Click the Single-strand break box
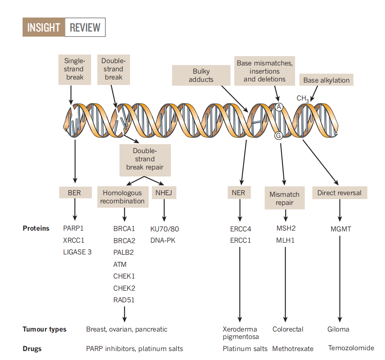click(x=74, y=69)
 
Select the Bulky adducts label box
click(x=201, y=75)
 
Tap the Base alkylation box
click(x=326, y=80)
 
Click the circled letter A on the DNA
click(x=278, y=107)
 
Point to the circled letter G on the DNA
click(x=278, y=135)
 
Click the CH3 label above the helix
click(x=302, y=99)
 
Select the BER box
click(x=75, y=192)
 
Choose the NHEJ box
click(x=164, y=192)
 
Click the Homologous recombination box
click(x=122, y=197)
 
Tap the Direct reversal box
click(x=339, y=193)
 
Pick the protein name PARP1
click(x=74, y=229)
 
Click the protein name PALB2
click(x=123, y=252)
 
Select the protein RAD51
click(x=124, y=300)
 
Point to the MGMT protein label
click(x=341, y=229)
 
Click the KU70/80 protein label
click(x=165, y=229)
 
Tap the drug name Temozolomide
click(x=351, y=348)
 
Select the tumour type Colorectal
click(x=288, y=329)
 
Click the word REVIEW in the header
click(x=85, y=28)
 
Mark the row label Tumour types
click(x=44, y=329)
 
